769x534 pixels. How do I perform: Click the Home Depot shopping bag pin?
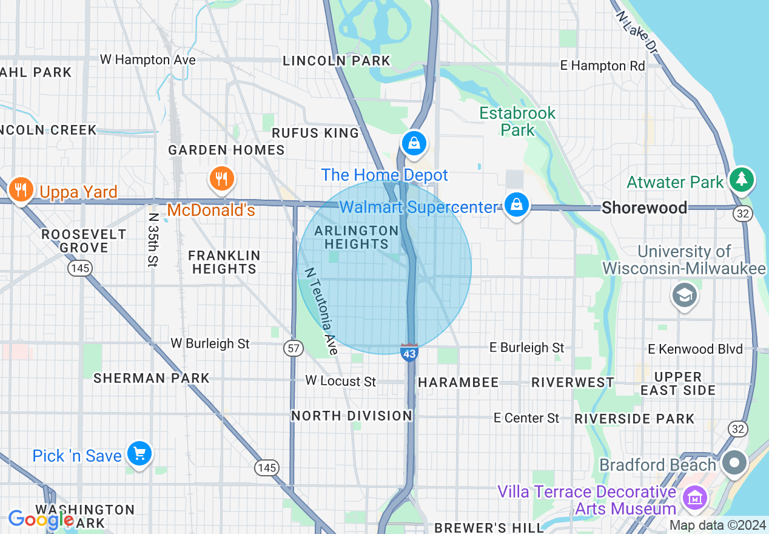[414, 144]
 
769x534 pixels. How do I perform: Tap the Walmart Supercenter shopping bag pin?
[516, 204]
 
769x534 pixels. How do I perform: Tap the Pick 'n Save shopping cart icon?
[139, 454]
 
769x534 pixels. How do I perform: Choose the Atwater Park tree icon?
[742, 179]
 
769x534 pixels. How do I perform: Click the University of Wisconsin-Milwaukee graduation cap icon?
[684, 296]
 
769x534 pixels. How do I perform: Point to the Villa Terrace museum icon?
[694, 499]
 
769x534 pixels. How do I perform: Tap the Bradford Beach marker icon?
[734, 463]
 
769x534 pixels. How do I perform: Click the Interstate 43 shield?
[409, 352]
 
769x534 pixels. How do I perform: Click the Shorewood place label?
[644, 208]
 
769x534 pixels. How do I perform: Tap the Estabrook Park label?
[517, 121]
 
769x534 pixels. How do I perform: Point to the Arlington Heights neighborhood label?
[357, 237]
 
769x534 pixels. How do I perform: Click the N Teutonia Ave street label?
[321, 311]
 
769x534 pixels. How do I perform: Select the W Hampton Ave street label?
[148, 59]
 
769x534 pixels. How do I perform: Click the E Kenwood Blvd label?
[695, 349]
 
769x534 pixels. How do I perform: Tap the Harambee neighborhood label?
[458, 382]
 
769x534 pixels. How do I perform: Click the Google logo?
[41, 519]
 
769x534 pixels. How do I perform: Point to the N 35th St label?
[153, 238]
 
